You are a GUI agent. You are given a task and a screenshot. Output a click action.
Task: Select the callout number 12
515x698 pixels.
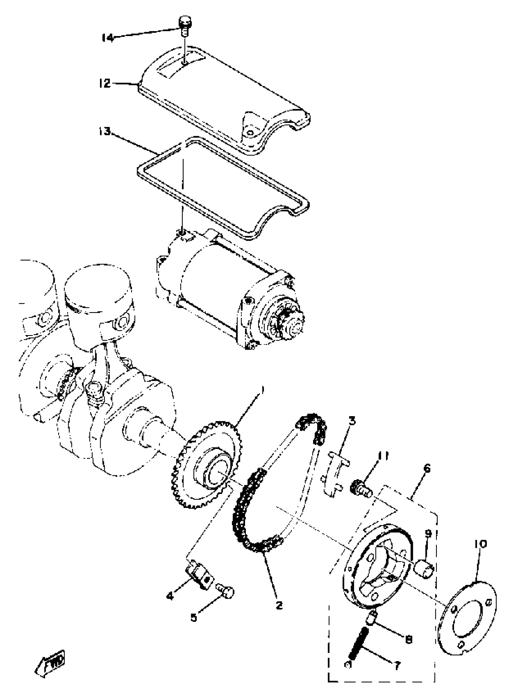(105, 83)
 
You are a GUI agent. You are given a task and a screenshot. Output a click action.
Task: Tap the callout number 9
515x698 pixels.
(428, 534)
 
